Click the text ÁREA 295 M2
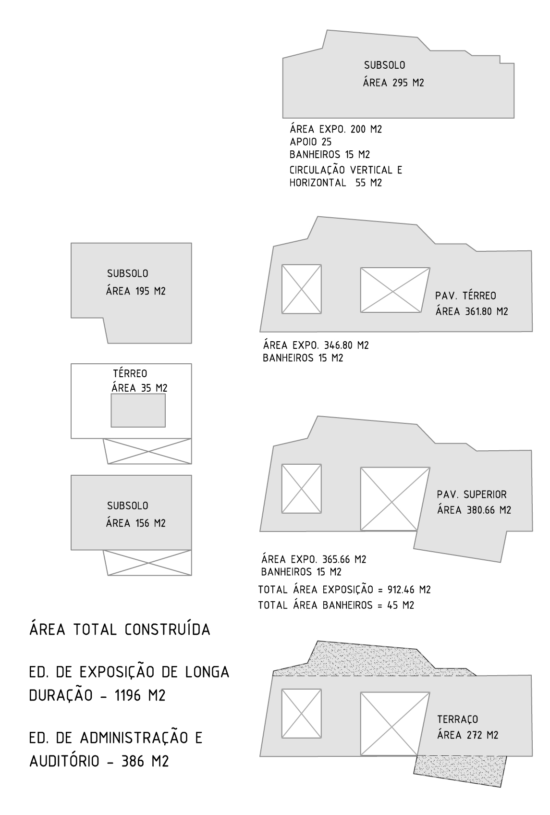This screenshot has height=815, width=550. point(393,83)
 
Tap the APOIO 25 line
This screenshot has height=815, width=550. point(311,142)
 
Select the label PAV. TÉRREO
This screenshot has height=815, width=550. point(465,296)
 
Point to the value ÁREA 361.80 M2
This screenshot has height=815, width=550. point(472,311)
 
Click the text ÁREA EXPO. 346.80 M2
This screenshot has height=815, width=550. point(316,345)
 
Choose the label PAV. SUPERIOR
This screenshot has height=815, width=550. point(472,494)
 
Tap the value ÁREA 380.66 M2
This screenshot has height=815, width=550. point(474,510)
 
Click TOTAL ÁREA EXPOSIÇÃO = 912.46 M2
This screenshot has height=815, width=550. point(344,590)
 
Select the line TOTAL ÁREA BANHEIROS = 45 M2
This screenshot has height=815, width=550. point(336,605)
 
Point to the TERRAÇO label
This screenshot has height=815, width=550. point(458,719)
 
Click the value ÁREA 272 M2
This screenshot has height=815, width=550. point(468,735)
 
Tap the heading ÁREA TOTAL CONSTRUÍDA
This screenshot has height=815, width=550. point(120,629)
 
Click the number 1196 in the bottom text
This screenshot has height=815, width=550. point(128,695)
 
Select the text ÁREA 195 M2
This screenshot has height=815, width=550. point(135,291)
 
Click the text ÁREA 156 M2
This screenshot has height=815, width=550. point(135,523)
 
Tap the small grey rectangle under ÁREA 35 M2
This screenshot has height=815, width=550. point(138,410)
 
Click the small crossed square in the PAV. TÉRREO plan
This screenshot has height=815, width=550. point(302,289)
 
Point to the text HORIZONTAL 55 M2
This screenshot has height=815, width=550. point(336,183)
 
